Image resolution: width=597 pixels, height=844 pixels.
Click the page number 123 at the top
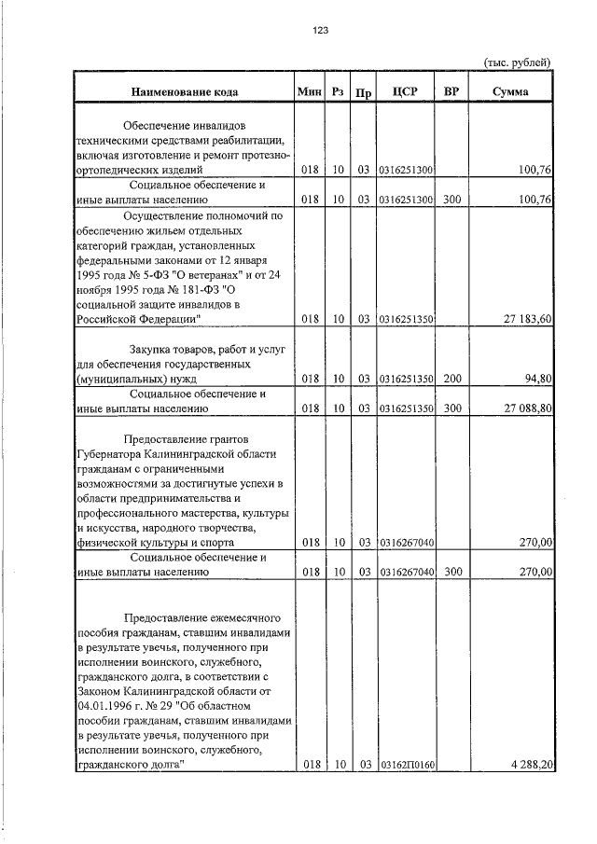[x=320, y=31]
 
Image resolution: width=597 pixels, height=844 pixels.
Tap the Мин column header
[x=309, y=91]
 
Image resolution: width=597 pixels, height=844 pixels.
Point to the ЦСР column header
[x=407, y=91]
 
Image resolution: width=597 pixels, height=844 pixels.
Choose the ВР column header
[x=452, y=91]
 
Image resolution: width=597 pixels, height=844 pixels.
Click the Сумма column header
[x=511, y=91]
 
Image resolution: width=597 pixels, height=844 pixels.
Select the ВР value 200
[x=452, y=380]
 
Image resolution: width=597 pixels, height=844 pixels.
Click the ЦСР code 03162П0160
[x=407, y=765]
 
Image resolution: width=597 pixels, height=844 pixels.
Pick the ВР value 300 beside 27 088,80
[x=452, y=408]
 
